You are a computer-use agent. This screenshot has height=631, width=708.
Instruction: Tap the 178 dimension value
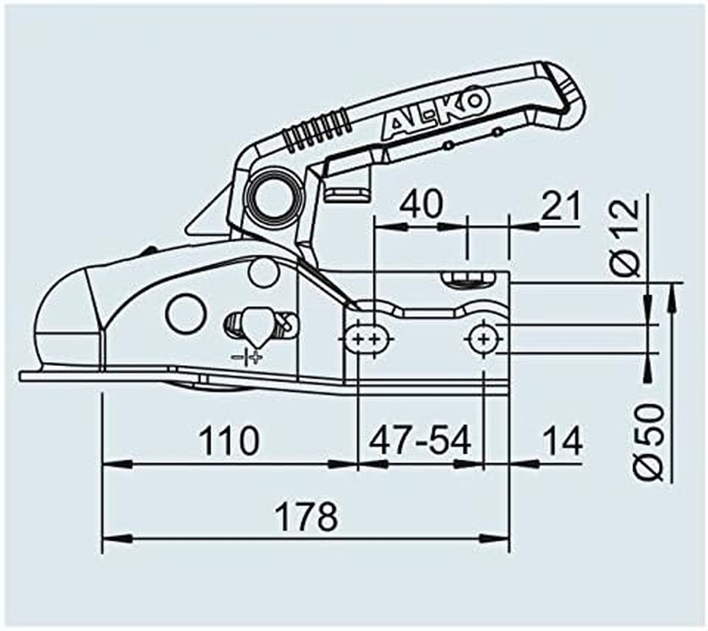click(x=306, y=517)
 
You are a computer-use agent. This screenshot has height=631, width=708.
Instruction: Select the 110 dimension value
click(x=230, y=441)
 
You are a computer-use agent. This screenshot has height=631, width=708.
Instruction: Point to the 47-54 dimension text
click(x=420, y=441)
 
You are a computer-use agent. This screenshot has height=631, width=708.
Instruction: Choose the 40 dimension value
click(x=422, y=204)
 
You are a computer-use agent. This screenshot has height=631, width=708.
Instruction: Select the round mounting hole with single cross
click(x=482, y=339)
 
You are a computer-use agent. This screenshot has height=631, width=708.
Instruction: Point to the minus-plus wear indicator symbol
click(x=248, y=358)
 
